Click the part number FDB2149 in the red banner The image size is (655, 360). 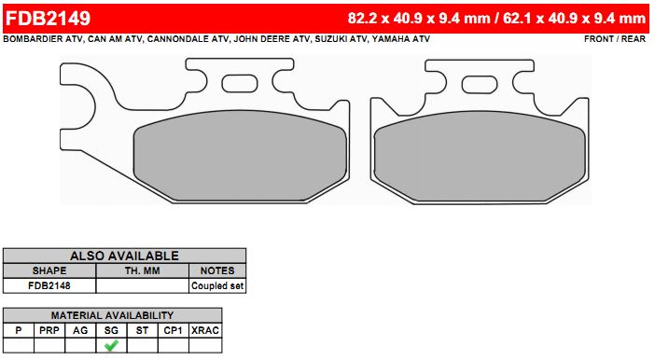click(x=48, y=19)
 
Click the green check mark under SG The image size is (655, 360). click(x=112, y=345)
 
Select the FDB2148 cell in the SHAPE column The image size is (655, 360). click(x=49, y=285)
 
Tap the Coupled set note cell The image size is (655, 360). click(x=217, y=285)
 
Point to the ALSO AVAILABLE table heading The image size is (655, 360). click(x=124, y=256)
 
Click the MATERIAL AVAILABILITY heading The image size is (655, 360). click(x=112, y=315)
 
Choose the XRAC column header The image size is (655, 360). click(x=205, y=330)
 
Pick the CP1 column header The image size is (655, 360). click(x=174, y=330)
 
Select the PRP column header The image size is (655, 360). click(x=49, y=330)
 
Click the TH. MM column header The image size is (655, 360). click(x=143, y=270)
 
